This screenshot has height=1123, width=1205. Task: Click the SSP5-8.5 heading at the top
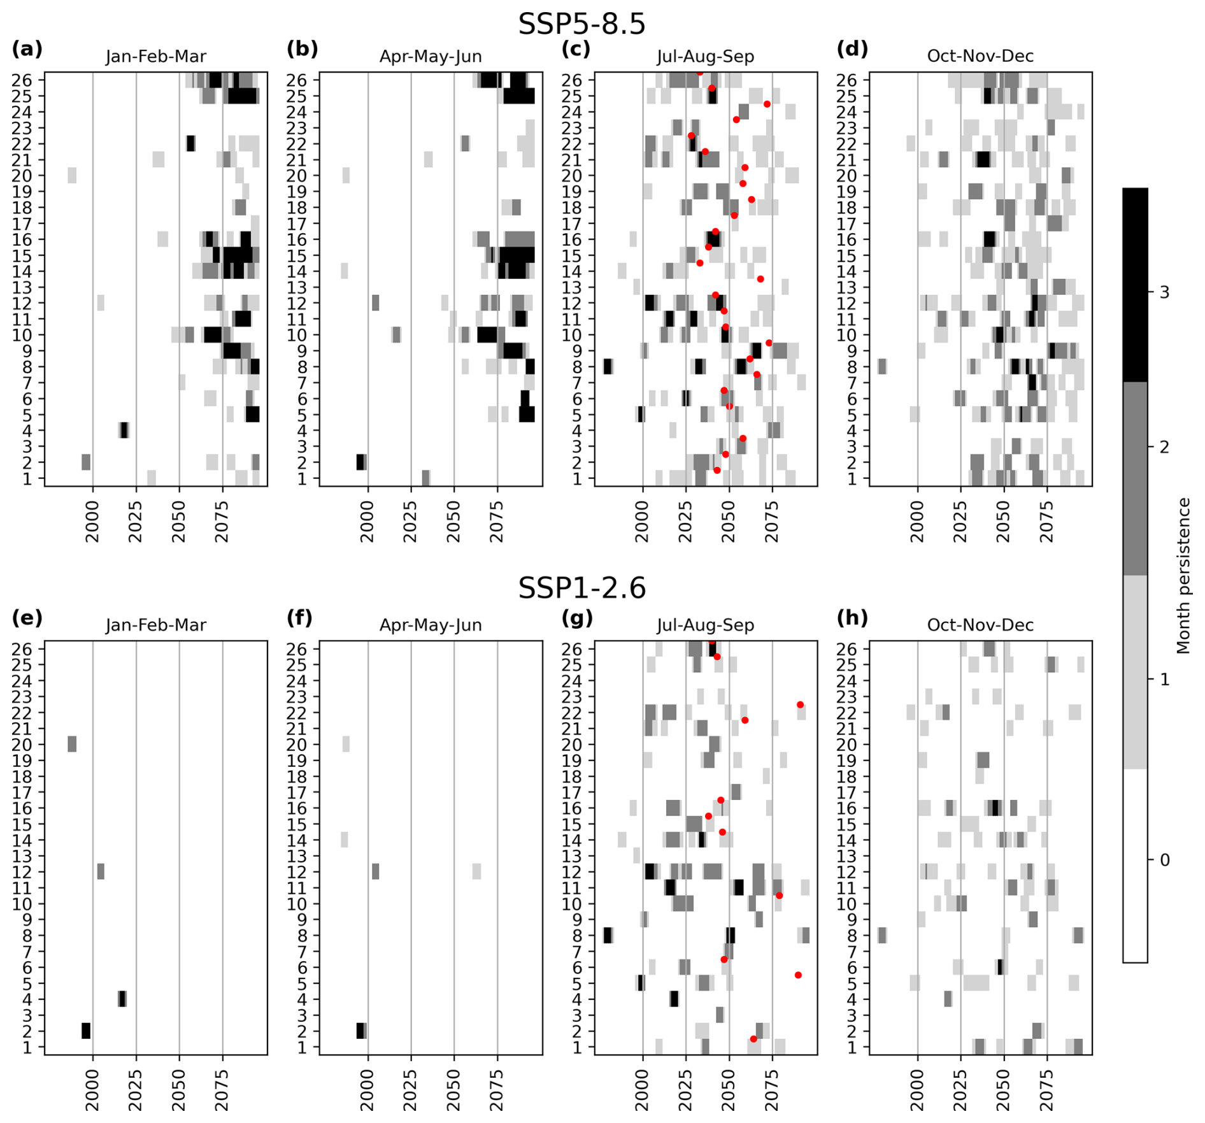[581, 24]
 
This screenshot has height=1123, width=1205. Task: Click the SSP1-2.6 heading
[581, 587]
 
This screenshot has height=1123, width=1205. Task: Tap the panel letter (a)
[27, 49]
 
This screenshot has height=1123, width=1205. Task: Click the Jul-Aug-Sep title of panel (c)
[705, 57]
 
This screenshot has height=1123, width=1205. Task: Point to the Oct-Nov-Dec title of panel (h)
[980, 626]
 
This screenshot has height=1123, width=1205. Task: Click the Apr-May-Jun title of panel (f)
[431, 626]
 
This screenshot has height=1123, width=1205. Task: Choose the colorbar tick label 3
[1165, 292]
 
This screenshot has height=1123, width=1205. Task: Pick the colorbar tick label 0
[1165, 860]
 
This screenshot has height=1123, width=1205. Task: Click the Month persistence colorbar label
[1183, 576]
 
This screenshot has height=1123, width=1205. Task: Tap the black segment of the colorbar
[1134, 285]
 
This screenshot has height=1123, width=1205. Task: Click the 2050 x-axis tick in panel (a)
[179, 522]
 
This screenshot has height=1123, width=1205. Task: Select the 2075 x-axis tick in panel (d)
[1047, 522]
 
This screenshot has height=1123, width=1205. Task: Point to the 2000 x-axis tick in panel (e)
[93, 1091]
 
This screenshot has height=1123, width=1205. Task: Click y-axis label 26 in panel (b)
[297, 80]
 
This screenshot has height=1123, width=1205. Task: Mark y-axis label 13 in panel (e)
[22, 856]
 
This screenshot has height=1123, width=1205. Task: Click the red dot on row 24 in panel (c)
[767, 104]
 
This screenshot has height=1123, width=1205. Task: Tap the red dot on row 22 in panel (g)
[800, 705]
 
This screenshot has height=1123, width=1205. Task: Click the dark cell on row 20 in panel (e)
[72, 744]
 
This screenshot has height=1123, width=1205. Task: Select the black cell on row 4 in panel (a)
[124, 431]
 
